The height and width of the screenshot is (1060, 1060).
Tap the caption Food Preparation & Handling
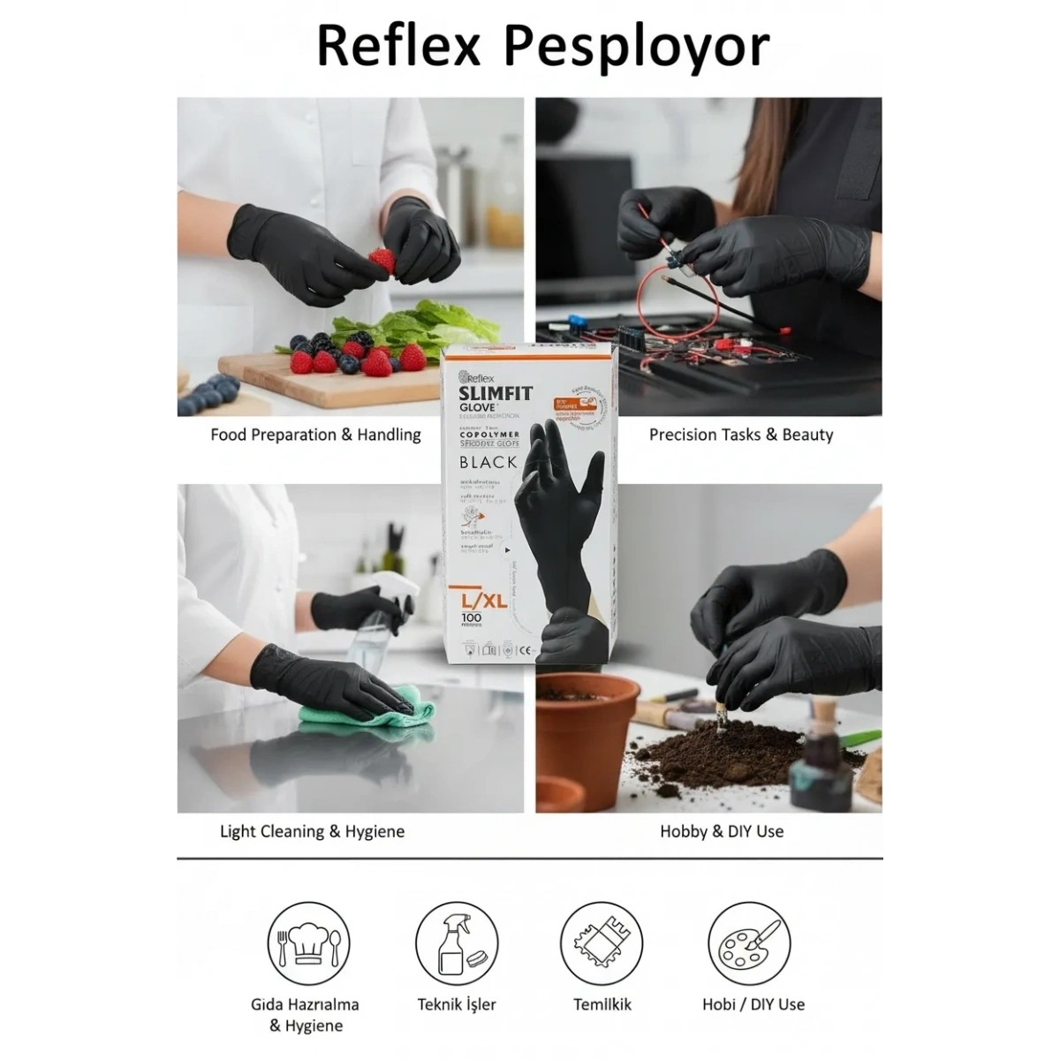tap(315, 435)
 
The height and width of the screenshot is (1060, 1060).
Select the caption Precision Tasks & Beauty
tap(740, 435)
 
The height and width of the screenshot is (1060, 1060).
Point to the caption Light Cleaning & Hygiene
tap(312, 831)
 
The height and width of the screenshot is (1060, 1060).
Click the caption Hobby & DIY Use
tap(722, 831)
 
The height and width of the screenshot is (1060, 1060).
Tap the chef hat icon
tap(308, 943)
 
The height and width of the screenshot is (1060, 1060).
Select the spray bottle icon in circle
tap(457, 943)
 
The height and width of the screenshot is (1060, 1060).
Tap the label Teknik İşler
tap(457, 1004)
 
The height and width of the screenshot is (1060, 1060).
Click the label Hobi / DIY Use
tap(753, 1004)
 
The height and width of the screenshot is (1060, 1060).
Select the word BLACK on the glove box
tap(488, 462)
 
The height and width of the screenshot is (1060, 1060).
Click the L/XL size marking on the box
tap(482, 600)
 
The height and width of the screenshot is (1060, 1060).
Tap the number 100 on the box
tap(472, 619)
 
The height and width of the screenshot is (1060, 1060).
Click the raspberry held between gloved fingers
tap(382, 261)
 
